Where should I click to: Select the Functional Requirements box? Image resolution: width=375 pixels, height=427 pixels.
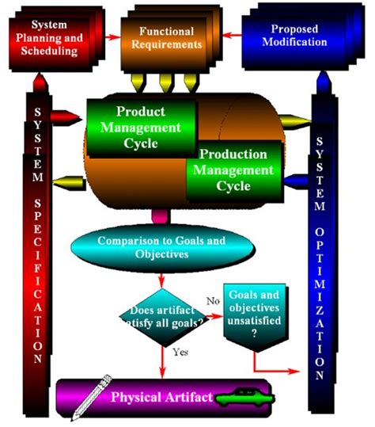pyautogui.click(x=167, y=38)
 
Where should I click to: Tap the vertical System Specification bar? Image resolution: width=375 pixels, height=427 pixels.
pyautogui.click(x=37, y=238)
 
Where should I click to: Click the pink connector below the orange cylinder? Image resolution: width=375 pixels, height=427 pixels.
pyautogui.click(x=161, y=214)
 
